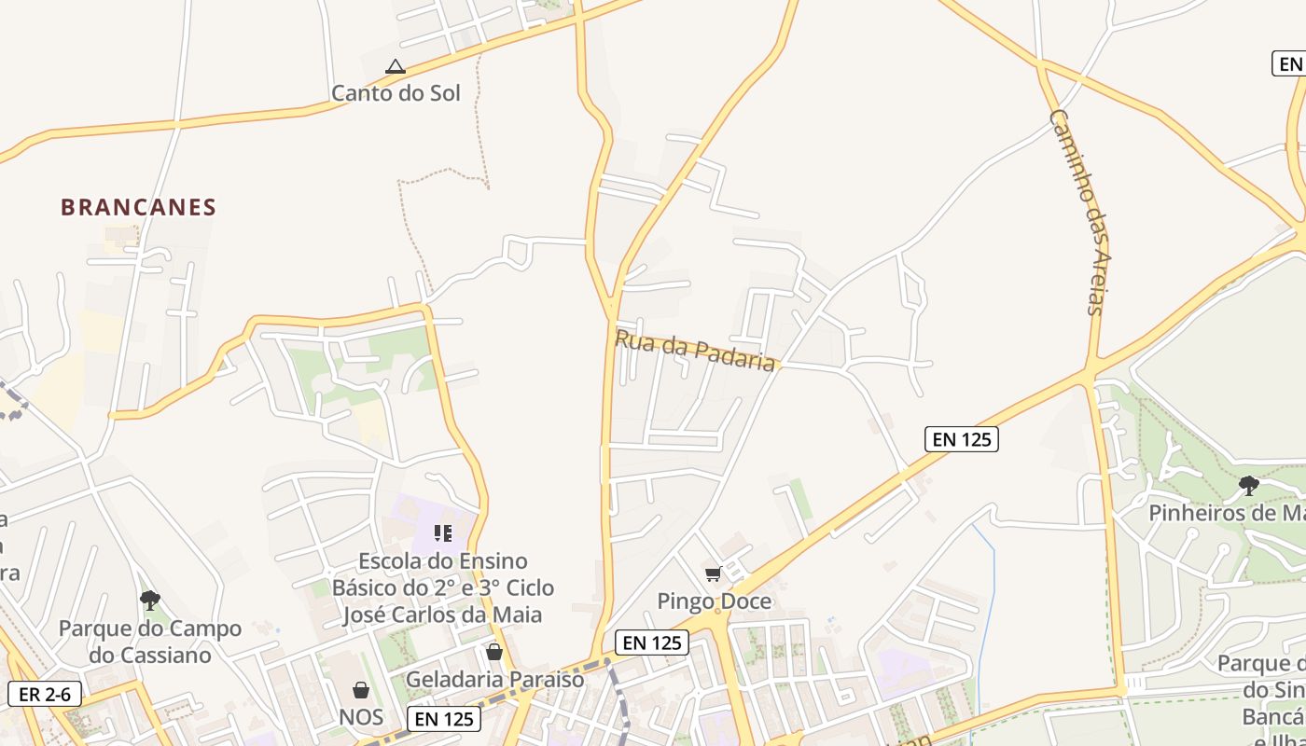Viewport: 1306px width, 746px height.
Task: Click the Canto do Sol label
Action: tap(396, 92)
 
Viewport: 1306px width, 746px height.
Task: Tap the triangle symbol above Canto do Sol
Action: tap(396, 67)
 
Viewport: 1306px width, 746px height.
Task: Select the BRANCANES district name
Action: tap(138, 207)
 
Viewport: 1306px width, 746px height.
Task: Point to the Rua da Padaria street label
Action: tap(695, 350)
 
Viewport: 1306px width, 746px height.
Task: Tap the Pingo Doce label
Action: tap(715, 601)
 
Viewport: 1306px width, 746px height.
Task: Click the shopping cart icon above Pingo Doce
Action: tap(714, 573)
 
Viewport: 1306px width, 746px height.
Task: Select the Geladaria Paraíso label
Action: tap(494, 679)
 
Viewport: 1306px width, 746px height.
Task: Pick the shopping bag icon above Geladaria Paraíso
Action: tap(494, 652)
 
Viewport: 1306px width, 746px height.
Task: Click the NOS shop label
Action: tap(361, 717)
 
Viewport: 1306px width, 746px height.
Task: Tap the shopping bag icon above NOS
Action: tap(361, 690)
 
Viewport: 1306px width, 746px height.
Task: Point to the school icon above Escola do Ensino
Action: tap(443, 533)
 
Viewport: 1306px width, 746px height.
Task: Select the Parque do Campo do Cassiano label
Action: tap(150, 642)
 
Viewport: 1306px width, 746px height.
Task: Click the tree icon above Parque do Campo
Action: tap(149, 600)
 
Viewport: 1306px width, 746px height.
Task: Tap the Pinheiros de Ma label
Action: tap(1226, 513)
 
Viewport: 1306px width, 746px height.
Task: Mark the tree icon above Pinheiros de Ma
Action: tap(1248, 485)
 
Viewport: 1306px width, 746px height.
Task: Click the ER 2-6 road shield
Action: tap(45, 694)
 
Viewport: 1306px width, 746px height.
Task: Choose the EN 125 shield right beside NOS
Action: tap(444, 718)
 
